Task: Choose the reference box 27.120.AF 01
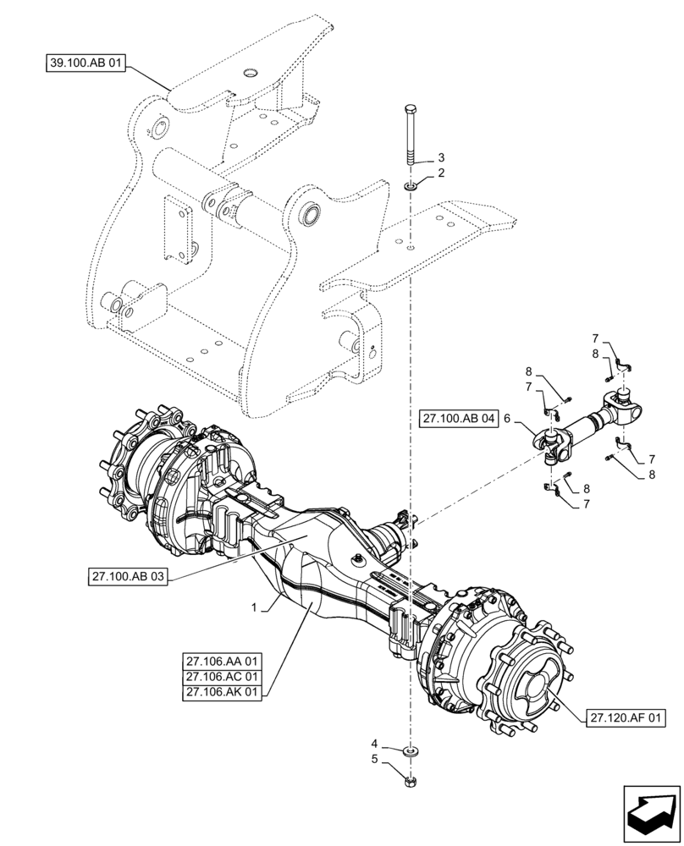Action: (x=625, y=718)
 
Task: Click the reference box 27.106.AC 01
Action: (x=223, y=676)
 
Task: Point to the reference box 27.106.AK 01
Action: (x=223, y=693)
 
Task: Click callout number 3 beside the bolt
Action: (x=440, y=158)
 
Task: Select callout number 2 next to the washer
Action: (x=440, y=173)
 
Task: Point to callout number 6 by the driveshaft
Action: (x=506, y=418)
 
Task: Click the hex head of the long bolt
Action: (x=411, y=110)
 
